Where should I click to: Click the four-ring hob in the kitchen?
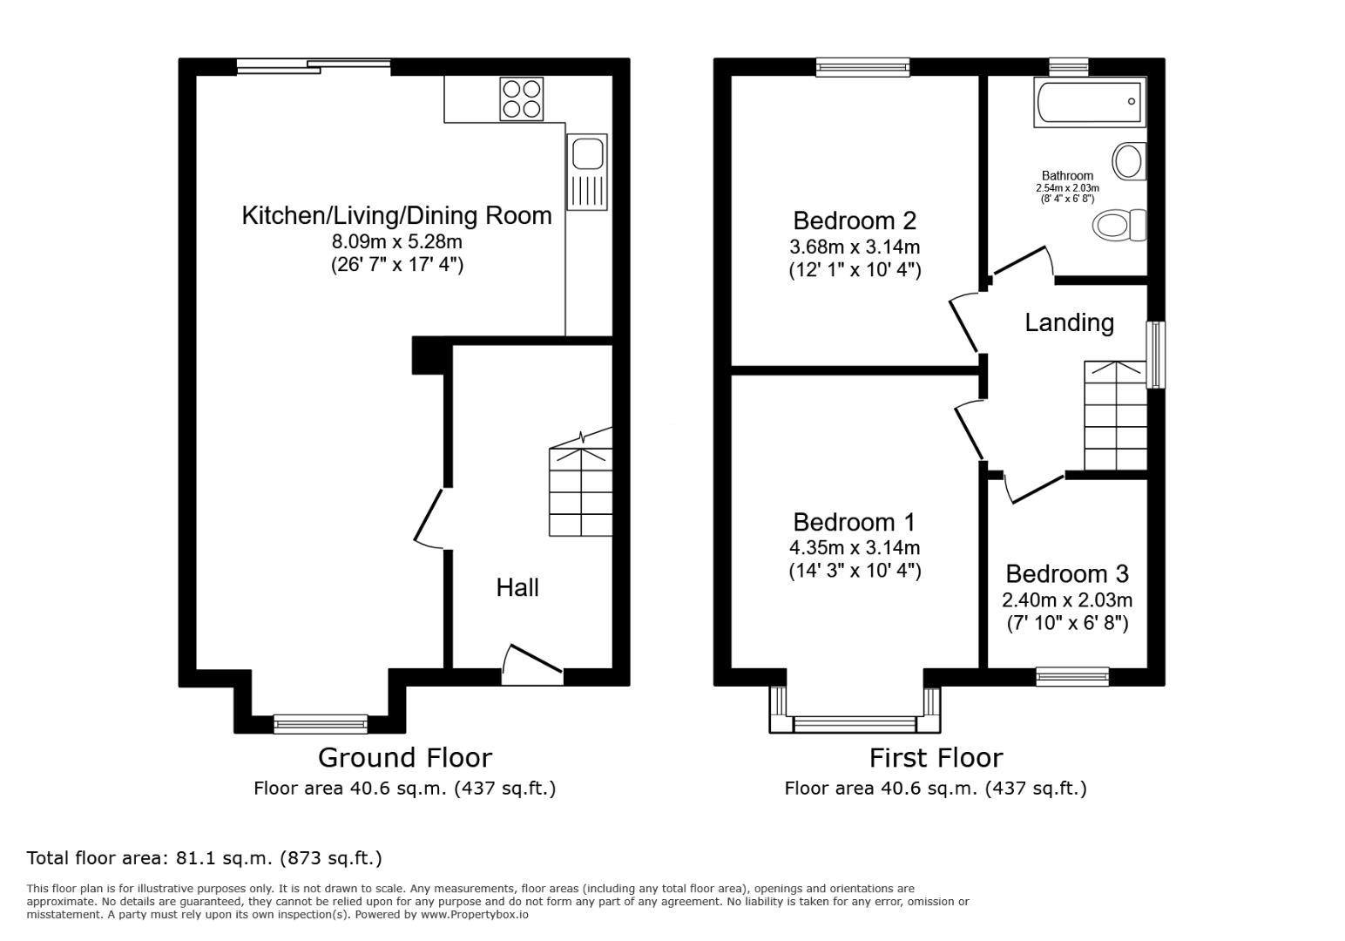[x=521, y=98]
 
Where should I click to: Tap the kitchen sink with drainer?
[x=586, y=172]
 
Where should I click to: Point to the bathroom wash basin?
[x=1130, y=161]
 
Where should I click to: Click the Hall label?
[x=517, y=588]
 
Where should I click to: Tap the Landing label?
[x=1069, y=323]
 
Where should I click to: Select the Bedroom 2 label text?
[x=855, y=221]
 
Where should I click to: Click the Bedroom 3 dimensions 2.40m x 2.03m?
[x=1067, y=600]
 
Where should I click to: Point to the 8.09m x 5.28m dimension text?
[x=397, y=241]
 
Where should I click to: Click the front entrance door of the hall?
[x=532, y=666]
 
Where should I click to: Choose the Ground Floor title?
[x=405, y=758]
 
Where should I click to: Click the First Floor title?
[x=936, y=758]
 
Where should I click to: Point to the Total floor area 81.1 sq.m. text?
[x=204, y=858]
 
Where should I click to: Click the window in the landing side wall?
[x=1157, y=355]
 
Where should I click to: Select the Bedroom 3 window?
[x=1072, y=677]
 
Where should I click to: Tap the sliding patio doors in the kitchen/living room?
[x=314, y=67]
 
